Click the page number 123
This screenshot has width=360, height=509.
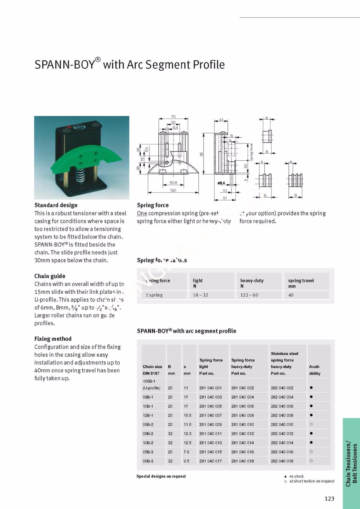329,499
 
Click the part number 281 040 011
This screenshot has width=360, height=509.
210,434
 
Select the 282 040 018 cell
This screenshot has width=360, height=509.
282,461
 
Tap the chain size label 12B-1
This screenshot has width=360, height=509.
148,415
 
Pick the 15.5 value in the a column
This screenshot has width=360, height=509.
187,415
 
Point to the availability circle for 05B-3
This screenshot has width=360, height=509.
311,452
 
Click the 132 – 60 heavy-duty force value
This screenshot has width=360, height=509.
249,295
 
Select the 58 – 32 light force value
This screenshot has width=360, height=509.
201,295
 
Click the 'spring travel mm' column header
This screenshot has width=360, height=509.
301,283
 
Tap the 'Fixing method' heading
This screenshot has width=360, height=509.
53,339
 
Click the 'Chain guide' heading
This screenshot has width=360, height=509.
50,276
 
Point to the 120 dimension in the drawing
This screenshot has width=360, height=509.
173,191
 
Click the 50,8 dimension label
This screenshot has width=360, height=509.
173,183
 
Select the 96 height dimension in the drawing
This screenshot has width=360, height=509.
201,154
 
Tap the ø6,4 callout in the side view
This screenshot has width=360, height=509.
221,183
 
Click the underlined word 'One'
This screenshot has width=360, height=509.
142,213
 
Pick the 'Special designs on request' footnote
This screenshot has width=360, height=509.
161,476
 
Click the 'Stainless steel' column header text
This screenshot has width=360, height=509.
284,353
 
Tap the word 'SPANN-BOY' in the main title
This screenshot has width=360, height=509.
65,65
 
